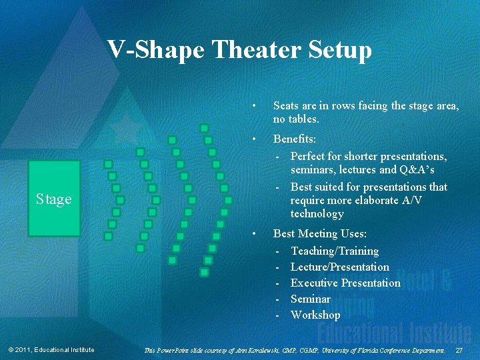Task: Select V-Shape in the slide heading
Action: (156, 49)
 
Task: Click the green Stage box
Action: (54, 199)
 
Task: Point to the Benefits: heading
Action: (295, 140)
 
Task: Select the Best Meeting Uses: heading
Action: (319, 234)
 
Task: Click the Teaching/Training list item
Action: (334, 251)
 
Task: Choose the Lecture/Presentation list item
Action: (339, 267)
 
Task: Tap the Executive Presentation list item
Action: (345, 283)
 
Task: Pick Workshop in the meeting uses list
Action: (315, 315)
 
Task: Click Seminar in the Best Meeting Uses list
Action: (310, 299)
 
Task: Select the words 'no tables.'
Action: (296, 120)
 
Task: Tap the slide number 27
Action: (459, 350)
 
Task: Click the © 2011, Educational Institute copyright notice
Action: (51, 350)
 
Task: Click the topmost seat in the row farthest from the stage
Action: (204, 128)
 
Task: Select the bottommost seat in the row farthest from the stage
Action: (204, 272)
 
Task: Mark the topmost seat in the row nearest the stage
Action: (108, 164)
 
